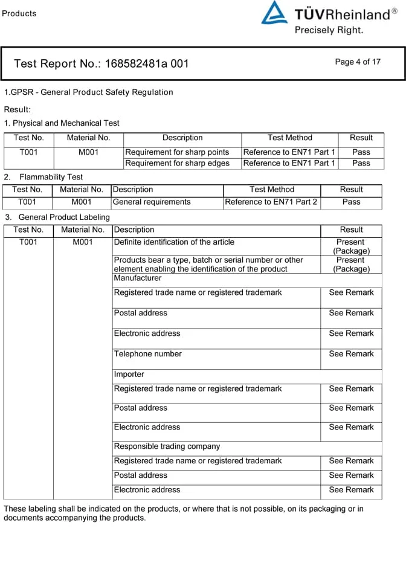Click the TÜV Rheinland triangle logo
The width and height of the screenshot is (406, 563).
274,13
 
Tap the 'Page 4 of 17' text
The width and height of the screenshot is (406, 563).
358,62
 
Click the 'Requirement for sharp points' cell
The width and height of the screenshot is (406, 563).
177,152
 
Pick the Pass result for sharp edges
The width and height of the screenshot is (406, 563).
361,163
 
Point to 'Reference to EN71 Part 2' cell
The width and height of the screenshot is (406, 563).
271,202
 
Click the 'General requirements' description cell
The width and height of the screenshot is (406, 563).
152,202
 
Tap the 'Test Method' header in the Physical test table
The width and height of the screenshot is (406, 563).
289,138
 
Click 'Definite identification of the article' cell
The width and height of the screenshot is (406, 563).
174,242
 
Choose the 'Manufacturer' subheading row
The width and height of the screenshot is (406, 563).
138,278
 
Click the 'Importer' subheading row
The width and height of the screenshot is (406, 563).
129,375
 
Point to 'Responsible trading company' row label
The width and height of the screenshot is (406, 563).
167,446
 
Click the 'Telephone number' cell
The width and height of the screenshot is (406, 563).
148,354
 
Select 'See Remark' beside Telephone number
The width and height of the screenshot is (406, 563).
351,354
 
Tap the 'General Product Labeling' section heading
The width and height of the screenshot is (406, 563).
64,217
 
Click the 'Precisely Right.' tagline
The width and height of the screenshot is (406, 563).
329,30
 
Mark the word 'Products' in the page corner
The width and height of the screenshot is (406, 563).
19,13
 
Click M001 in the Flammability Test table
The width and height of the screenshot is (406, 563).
82,202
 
